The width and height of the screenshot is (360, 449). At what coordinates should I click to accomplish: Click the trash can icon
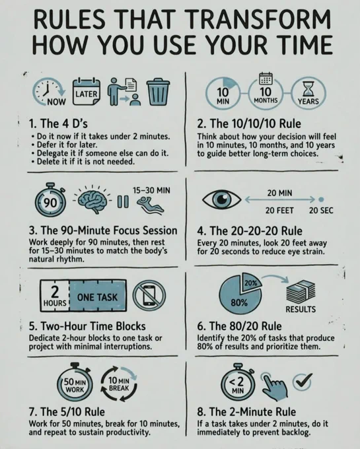click(158, 92)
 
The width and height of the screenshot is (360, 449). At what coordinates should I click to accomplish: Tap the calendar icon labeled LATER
click(87, 92)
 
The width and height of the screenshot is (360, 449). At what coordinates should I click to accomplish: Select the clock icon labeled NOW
click(49, 92)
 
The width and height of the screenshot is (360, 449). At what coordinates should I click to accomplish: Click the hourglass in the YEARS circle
click(308, 88)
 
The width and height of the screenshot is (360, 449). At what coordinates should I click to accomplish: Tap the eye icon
click(221, 199)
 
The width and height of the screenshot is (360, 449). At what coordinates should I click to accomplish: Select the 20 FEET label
click(279, 211)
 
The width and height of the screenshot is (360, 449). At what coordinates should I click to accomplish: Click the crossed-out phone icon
click(149, 296)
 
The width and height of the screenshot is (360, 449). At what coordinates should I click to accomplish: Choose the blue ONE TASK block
click(98, 296)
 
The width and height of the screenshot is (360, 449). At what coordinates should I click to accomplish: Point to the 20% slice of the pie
click(252, 282)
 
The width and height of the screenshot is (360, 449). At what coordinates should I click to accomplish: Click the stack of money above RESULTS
click(301, 291)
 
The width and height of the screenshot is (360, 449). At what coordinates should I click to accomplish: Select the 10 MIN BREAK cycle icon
click(119, 384)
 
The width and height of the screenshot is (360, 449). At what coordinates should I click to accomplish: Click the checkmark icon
click(303, 382)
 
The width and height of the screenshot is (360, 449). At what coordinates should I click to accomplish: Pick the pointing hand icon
click(274, 386)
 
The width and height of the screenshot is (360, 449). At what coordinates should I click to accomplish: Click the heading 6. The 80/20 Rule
click(239, 326)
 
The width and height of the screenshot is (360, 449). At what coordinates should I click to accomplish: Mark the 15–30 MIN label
click(151, 190)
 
